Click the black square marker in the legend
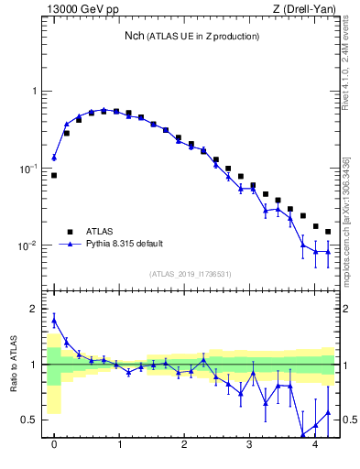[68, 232]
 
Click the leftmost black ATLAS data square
[54, 175]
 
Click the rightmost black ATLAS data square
[328, 232]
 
